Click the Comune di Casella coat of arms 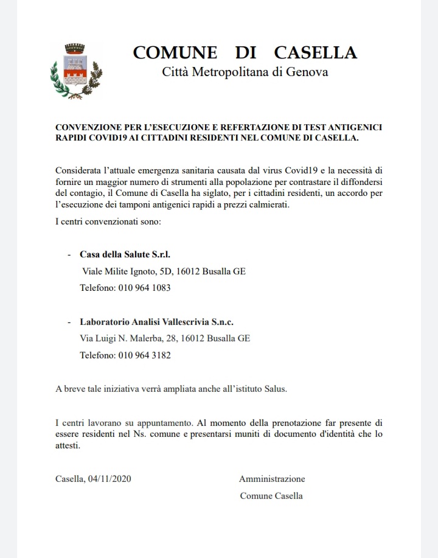coord(75,71)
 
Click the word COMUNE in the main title coord(175,52)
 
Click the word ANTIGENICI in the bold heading coord(356,127)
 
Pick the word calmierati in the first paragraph coord(266,205)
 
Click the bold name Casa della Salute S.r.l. coord(120,254)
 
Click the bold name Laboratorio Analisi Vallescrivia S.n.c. coord(156,322)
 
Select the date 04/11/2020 coord(109,479)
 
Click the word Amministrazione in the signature coord(272,479)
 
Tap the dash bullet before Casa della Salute coord(69,254)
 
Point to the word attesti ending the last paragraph coord(68,445)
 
